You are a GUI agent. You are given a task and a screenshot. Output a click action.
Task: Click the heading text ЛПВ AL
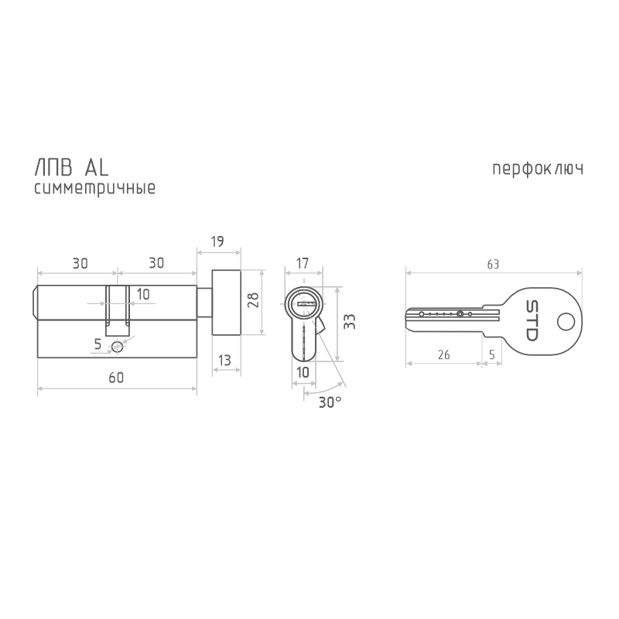(71, 168)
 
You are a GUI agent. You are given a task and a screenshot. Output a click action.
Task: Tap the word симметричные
(94, 188)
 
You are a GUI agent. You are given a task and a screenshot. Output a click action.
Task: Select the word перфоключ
(538, 169)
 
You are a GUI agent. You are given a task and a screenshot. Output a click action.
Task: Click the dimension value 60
(116, 378)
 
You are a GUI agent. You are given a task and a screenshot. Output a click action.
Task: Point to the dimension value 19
(217, 241)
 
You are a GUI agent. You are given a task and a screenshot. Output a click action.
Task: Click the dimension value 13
(224, 361)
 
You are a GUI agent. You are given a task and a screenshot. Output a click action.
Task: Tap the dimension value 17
(303, 263)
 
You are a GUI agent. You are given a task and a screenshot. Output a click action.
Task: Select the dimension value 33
(350, 321)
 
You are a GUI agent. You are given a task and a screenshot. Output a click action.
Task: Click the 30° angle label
(330, 402)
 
